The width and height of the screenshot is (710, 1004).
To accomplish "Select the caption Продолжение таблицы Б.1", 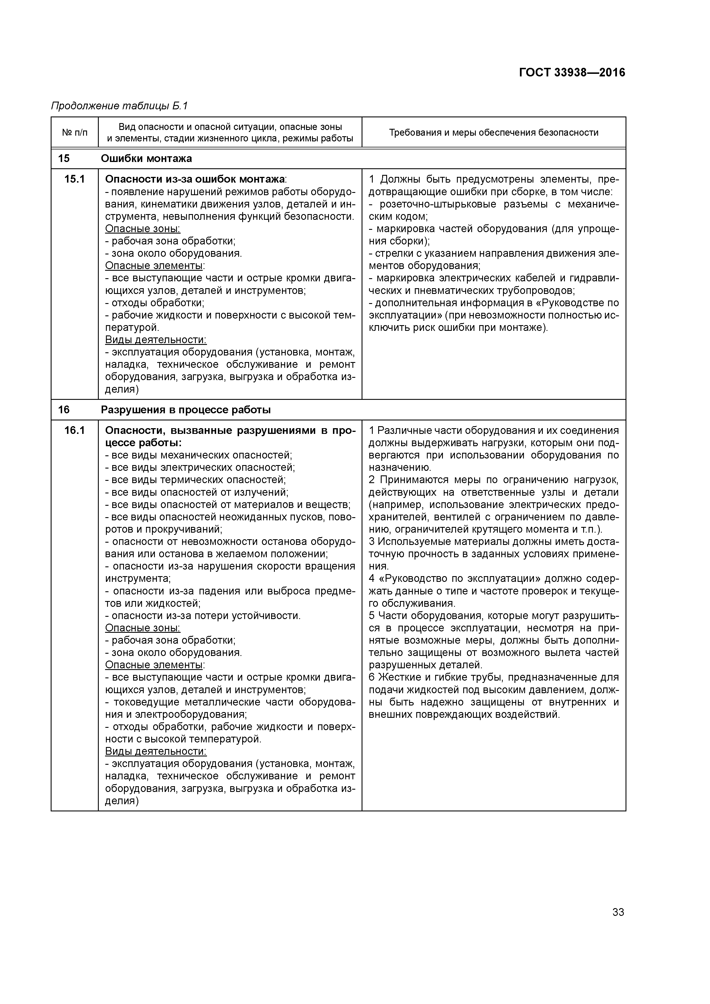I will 119,106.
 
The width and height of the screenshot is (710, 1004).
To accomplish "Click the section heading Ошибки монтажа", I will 146,158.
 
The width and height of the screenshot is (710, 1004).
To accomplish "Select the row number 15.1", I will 74,179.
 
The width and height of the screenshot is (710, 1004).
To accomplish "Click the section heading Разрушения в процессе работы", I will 186,410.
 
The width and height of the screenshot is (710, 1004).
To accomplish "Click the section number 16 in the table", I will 64,410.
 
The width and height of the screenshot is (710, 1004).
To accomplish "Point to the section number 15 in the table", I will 64,158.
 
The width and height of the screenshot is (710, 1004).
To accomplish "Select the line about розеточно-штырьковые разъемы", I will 494,205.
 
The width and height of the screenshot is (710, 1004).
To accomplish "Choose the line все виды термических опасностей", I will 196,480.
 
